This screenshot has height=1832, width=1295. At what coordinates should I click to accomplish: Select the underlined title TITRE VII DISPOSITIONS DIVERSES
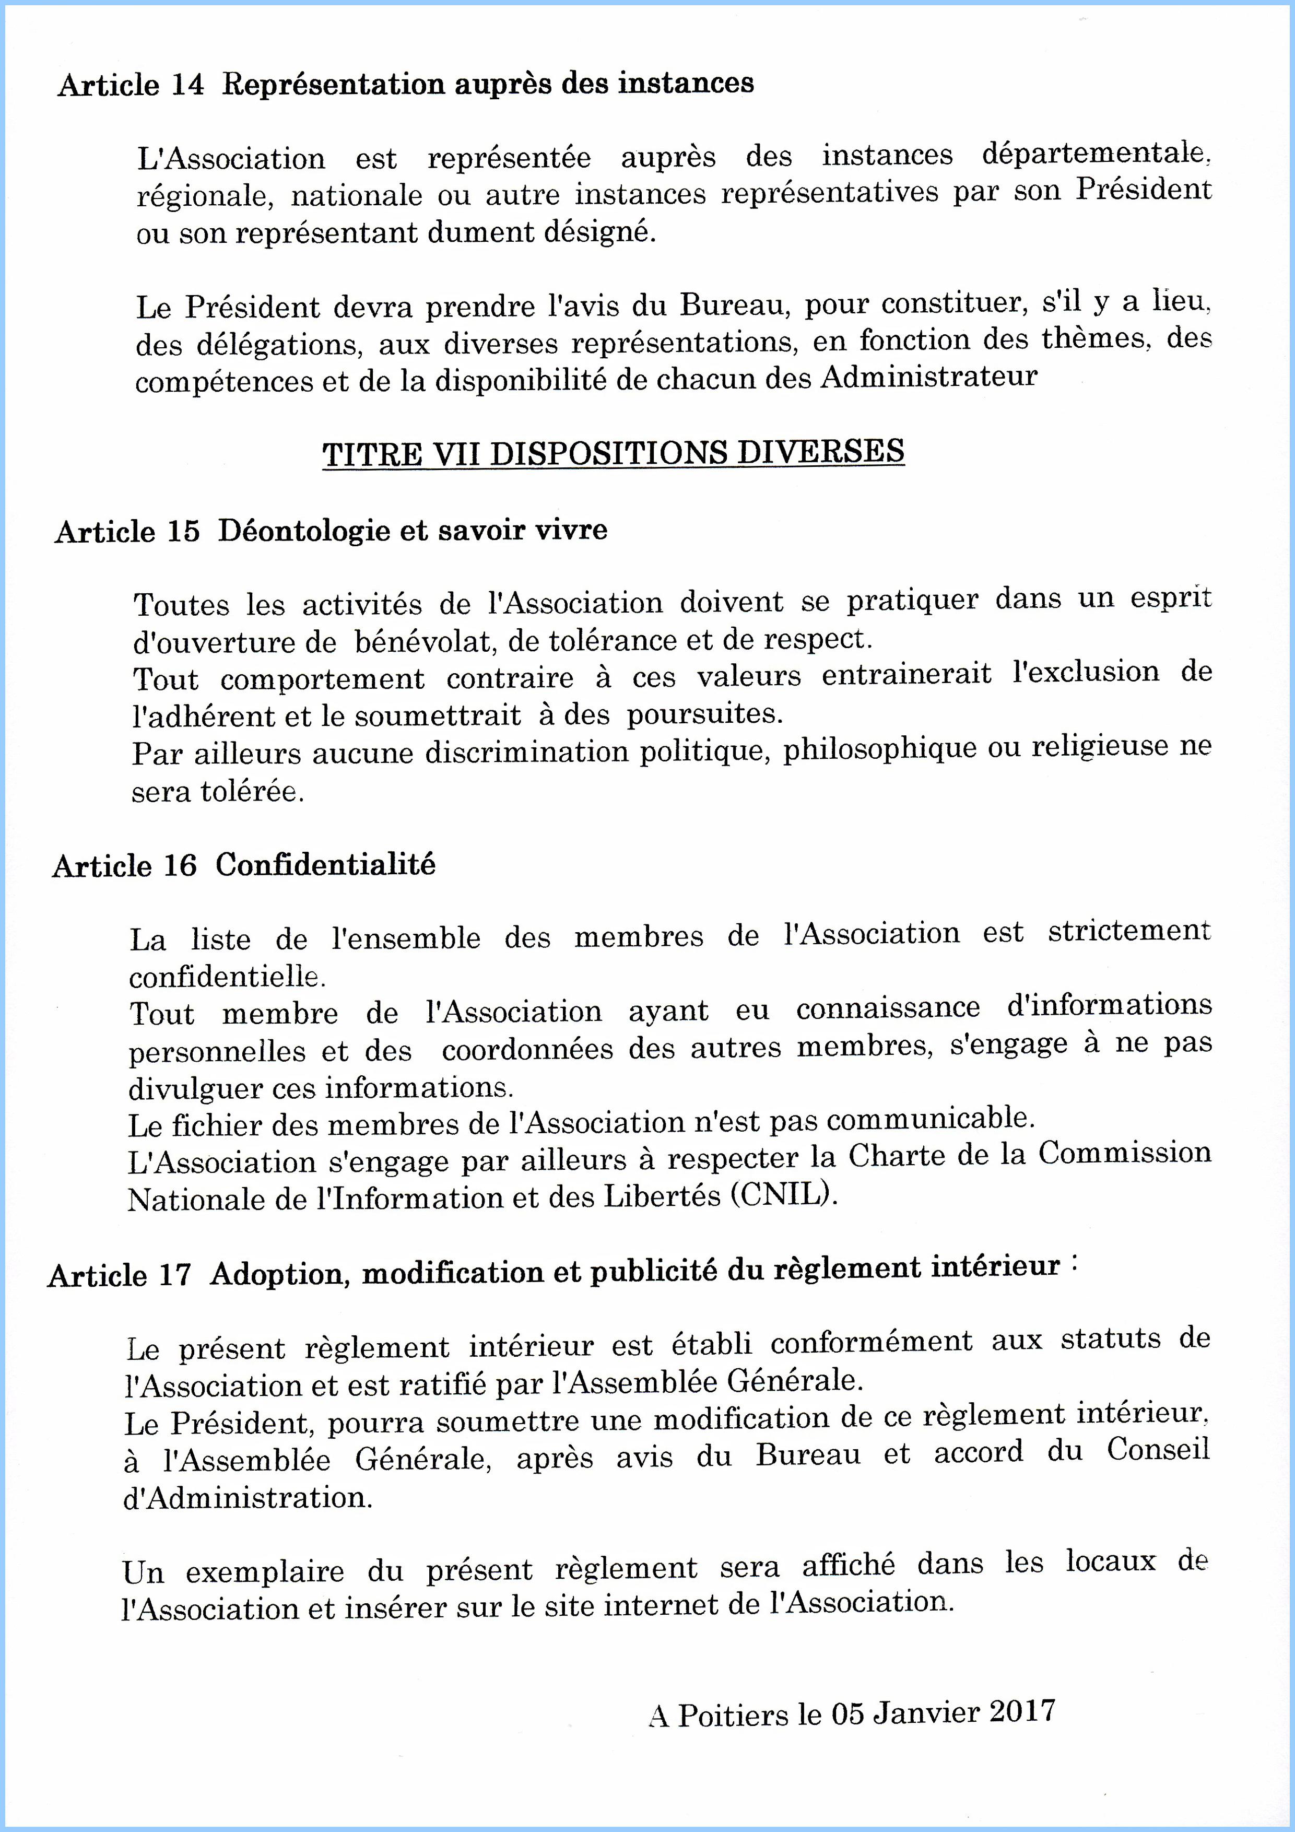[x=613, y=452]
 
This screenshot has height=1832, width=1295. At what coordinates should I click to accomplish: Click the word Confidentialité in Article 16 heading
[x=325, y=864]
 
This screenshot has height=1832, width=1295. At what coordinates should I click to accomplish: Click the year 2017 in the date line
[x=1022, y=1710]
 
